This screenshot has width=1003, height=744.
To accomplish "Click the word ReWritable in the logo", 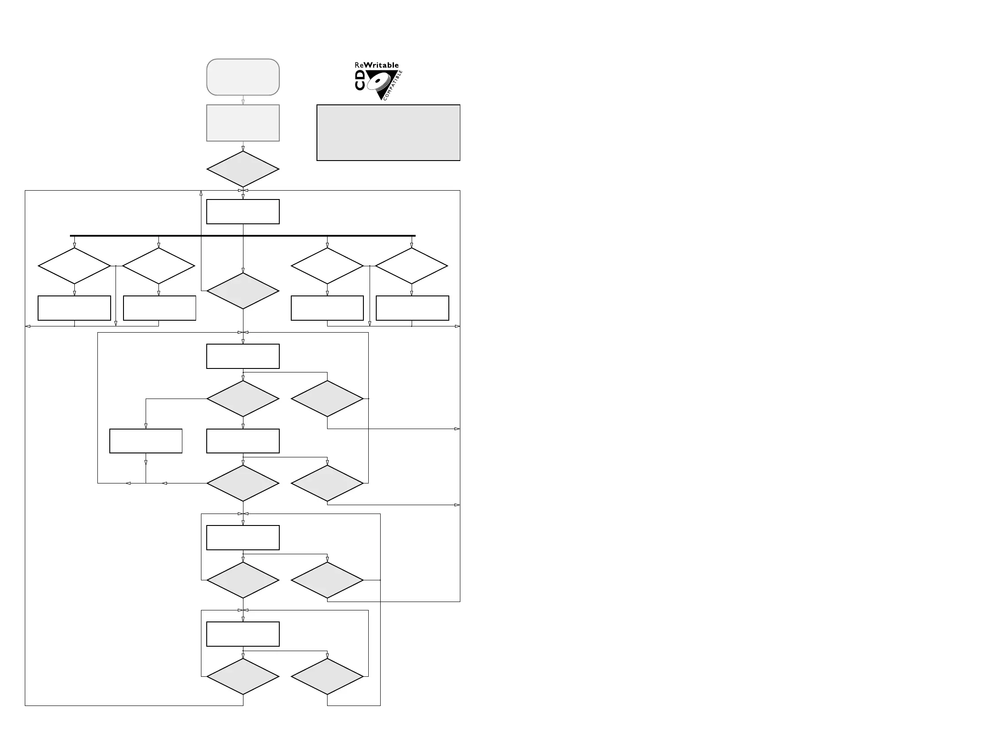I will pos(377,65).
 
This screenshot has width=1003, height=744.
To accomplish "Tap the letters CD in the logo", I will pos(360,80).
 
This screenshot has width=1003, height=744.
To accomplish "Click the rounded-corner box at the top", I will pos(243,77).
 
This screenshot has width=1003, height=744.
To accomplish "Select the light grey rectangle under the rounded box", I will pos(243,123).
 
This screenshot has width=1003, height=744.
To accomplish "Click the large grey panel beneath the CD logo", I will pos(388,133).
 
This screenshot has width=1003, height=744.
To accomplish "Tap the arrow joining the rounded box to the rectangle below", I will pos(243,100).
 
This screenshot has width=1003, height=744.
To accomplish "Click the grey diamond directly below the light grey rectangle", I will pos(243,169).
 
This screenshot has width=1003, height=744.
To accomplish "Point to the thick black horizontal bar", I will pos(243,235).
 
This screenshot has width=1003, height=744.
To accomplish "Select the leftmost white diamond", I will pos(74,266).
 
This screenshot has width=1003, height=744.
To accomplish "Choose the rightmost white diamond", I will pos(411,266).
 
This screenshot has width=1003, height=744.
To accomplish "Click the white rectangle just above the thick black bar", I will pos(243,212).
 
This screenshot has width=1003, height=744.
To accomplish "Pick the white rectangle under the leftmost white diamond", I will pos(74,308).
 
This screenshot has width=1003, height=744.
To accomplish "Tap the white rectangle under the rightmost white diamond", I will pos(412,308).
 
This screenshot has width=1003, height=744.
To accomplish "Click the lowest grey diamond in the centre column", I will pos(243,676).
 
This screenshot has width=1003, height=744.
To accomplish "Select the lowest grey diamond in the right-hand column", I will pos(327,676).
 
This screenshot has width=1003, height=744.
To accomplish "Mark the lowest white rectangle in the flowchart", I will pos(243,634).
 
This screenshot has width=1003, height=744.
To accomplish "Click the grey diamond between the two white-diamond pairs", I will pos(243,291).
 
